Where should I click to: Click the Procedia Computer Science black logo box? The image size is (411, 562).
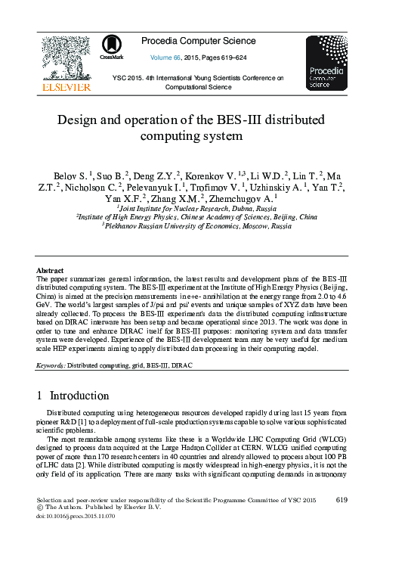pyautogui.click(x=326, y=64)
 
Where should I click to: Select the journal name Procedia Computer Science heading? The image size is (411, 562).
pyautogui.click(x=203, y=41)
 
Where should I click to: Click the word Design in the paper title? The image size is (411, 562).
pyautogui.click(x=79, y=120)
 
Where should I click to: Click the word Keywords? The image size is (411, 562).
pyautogui.click(x=51, y=365)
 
